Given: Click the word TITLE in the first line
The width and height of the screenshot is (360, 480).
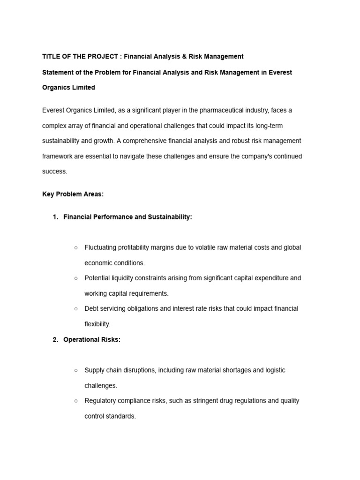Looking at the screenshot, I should tap(51, 57).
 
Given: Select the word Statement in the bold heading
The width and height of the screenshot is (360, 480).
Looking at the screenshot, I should tap(58, 72).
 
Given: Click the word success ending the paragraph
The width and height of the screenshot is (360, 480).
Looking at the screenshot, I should tap(54, 172).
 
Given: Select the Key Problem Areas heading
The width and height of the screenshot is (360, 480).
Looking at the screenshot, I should tap(73, 195).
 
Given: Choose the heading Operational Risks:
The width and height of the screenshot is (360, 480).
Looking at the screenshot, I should tap(92, 340).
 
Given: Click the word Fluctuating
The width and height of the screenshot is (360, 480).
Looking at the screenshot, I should tap(101, 247).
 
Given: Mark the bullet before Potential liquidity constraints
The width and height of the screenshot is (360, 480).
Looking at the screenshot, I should tap(75, 278).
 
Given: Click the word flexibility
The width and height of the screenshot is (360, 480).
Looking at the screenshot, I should tap(97, 324).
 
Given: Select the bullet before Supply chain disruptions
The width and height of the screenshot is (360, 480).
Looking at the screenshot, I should tap(75, 370).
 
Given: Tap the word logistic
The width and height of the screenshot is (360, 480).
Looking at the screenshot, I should tap(272, 370).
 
